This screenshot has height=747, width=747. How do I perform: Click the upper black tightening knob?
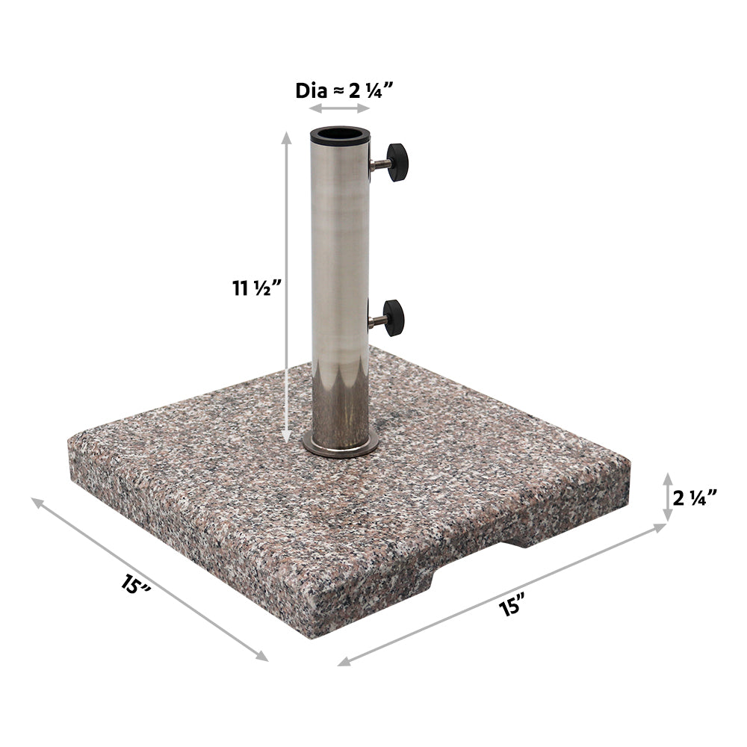(x=397, y=162)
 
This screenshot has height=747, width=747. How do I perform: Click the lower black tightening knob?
(x=394, y=317)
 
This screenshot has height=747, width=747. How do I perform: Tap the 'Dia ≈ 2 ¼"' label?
(x=338, y=90)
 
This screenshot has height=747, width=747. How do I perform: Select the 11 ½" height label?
(x=256, y=288)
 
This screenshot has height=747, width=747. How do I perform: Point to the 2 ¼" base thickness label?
(x=695, y=498)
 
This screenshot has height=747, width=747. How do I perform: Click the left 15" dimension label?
(x=135, y=585)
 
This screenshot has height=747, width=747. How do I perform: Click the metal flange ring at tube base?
(x=340, y=446)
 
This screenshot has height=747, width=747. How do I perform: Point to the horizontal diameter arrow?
(x=339, y=108)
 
